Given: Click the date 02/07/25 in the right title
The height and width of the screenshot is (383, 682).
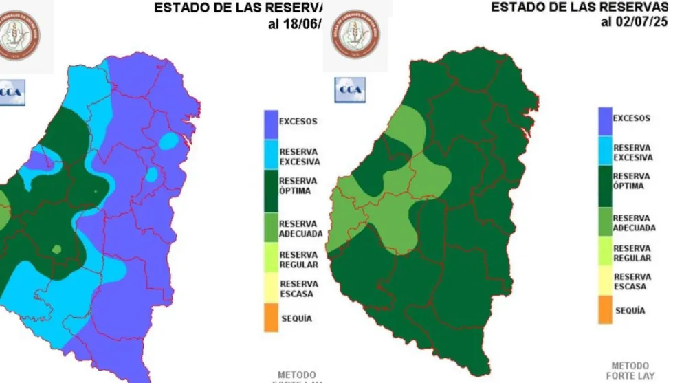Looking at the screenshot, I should coord(642,21).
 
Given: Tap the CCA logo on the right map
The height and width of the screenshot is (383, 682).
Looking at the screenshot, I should coord(350,90).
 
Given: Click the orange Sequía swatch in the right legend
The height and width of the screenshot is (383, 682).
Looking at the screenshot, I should coord(605,310).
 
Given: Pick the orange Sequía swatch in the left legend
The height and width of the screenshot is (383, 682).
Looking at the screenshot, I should coord(270,318).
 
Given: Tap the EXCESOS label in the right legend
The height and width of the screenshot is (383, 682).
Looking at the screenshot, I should coord(631,118).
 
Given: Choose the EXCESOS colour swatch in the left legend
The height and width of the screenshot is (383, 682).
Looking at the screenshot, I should coord(270,122).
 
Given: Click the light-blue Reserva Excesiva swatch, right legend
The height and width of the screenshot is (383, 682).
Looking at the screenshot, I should coord(605,153).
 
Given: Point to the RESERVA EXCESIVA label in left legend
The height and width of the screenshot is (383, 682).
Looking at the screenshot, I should coord(298,157).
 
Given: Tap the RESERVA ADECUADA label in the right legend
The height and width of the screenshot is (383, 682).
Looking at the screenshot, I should coord(634,223).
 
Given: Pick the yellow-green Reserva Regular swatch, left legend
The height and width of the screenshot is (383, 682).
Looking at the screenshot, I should coord(270,259).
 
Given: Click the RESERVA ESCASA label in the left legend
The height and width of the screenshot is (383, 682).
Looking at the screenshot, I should coord(298,289).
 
